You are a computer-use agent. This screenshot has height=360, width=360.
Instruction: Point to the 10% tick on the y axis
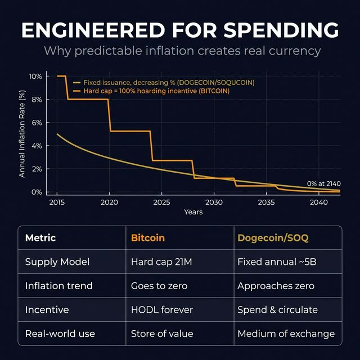coord(35,76)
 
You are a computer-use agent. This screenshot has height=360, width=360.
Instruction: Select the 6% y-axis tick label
coord(37,123)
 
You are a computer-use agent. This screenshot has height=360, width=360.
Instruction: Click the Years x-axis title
coord(193,212)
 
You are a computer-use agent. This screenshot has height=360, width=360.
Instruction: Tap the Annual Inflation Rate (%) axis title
coord(22,134)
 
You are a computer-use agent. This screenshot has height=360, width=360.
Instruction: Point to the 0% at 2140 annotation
coord(324,183)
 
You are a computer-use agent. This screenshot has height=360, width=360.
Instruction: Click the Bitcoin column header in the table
coord(148,238)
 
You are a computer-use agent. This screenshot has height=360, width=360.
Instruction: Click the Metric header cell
coord(40,238)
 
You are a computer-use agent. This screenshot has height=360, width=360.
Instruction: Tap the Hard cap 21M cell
coord(159,262)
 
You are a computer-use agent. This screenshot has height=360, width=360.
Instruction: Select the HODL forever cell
coord(162,310)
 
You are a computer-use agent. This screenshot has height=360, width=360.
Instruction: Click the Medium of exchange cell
coord(286,334)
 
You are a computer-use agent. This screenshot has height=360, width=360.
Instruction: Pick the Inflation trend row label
coord(59,286)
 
